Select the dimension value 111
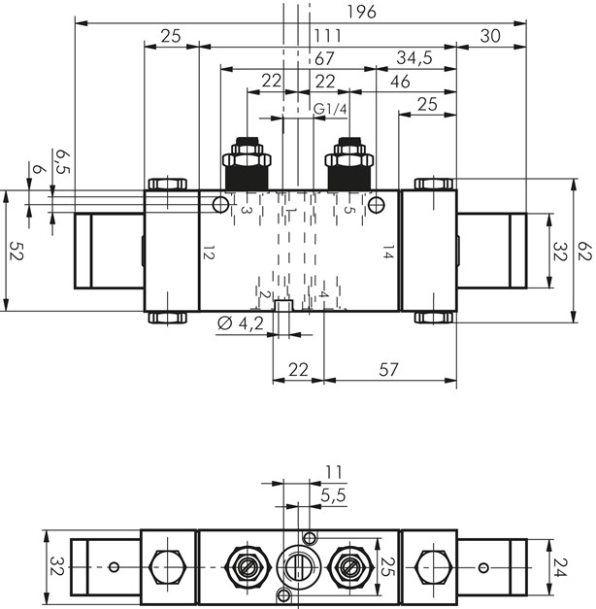(327, 35)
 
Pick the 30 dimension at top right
(491, 35)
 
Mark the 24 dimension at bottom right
(556, 565)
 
